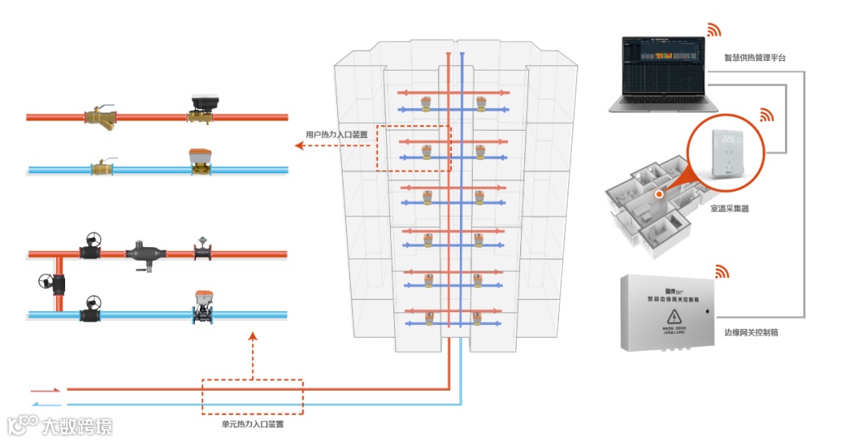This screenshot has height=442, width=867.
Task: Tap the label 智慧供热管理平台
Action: tap(755, 59)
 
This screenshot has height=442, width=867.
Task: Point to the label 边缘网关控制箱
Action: tap(751, 332)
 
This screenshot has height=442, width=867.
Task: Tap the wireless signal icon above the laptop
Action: tap(714, 30)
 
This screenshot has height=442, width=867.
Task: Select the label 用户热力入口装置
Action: tap(336, 135)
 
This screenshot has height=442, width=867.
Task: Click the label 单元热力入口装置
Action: tap(253, 424)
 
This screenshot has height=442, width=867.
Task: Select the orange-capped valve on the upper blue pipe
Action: tap(199, 160)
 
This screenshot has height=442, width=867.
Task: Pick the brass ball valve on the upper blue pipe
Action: tap(102, 168)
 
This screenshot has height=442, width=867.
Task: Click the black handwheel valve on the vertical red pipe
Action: tap(47, 283)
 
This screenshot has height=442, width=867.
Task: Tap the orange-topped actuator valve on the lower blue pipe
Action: tap(201, 305)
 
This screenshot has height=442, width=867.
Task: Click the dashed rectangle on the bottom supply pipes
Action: tap(252, 396)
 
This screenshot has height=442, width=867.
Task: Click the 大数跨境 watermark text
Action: tap(78, 426)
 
